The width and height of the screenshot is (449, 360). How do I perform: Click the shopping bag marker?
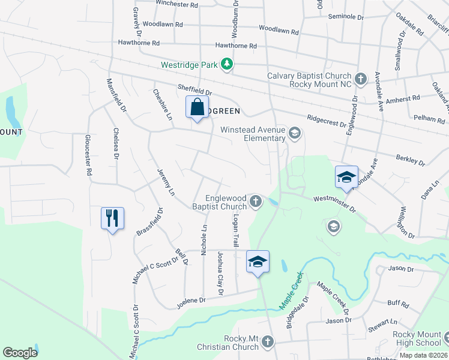[197, 108]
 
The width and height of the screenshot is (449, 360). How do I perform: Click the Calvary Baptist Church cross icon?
[360, 79]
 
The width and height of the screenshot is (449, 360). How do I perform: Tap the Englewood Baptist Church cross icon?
[256, 201]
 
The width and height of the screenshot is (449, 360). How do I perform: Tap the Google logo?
[20, 353]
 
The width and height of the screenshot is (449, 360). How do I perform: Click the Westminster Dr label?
[335, 205]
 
